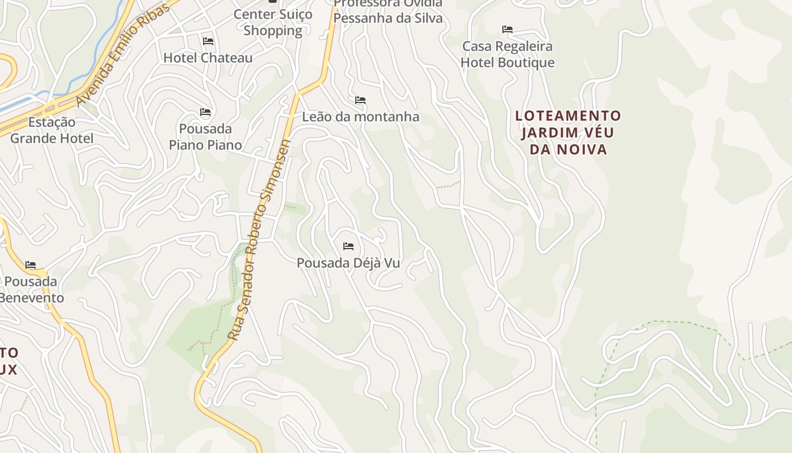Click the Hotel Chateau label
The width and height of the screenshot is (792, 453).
tap(208, 58)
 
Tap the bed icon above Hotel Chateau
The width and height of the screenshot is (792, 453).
tap(208, 41)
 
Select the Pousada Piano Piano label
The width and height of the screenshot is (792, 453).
tap(205, 136)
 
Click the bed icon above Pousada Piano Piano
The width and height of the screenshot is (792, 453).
tap(205, 113)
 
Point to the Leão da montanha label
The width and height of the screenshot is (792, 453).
tap(360, 117)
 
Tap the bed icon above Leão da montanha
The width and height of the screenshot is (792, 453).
tap(360, 100)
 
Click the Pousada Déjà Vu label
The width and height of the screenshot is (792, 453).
tap(348, 263)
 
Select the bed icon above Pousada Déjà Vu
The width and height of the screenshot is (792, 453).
tap(348, 246)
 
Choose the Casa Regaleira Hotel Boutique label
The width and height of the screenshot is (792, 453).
tap(507, 54)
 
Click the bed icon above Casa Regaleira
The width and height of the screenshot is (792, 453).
tap(507, 29)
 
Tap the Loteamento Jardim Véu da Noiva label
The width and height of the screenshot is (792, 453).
tap(568, 133)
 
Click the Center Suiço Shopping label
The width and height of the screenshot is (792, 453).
tap(273, 23)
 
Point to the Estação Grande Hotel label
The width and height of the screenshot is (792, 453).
tap(51, 130)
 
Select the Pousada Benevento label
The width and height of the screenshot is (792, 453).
tap(31, 289)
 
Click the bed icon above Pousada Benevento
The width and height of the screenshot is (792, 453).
tap(31, 264)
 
